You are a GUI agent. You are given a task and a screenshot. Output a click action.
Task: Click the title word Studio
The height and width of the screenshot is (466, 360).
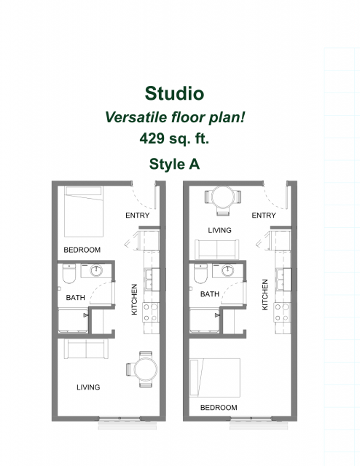pyautogui.click(x=174, y=93)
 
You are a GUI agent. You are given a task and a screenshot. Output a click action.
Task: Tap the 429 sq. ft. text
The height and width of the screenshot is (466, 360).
pyautogui.click(x=174, y=138)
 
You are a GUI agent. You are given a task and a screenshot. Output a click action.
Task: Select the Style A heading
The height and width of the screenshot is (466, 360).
pyautogui.click(x=174, y=164)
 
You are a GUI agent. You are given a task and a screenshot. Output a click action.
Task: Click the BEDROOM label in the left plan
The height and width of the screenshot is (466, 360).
pyautogui.click(x=82, y=250)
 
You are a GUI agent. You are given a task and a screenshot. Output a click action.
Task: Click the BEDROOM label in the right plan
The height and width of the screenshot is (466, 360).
pyautogui.click(x=219, y=408)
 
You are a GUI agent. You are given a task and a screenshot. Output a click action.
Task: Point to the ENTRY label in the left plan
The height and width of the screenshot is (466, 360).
pyautogui.click(x=138, y=216)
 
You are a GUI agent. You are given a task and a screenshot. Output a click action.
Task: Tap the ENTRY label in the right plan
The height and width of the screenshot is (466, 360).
pyautogui.click(x=264, y=216)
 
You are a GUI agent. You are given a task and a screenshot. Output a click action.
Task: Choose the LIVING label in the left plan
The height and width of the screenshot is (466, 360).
pyautogui.click(x=88, y=387)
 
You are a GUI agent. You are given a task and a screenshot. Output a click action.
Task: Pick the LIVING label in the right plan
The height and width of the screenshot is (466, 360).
pyautogui.click(x=219, y=230)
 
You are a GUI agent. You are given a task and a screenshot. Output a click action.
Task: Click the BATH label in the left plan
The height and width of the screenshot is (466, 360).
pyautogui.click(x=75, y=298)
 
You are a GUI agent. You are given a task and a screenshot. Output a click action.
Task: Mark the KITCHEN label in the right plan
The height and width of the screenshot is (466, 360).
pyautogui.click(x=265, y=295)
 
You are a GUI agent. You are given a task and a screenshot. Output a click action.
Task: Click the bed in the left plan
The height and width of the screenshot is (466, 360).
pyautogui.click(x=84, y=211)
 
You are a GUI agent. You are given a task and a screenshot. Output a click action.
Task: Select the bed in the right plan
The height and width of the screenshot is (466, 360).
pyautogui.click(x=215, y=377)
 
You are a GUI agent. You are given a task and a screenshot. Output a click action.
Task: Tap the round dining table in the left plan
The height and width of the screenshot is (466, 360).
pyautogui.click(x=146, y=369)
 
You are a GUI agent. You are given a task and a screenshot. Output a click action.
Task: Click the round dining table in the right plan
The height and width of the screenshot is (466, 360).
pyautogui.click(x=223, y=197)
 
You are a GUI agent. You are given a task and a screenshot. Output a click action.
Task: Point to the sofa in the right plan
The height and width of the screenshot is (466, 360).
pyautogui.click(x=217, y=249)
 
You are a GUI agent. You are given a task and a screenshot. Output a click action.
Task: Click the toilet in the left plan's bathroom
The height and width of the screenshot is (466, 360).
pyautogui.click(x=69, y=274)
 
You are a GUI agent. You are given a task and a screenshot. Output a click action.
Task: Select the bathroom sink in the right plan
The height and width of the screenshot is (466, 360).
pyautogui.click(x=227, y=270)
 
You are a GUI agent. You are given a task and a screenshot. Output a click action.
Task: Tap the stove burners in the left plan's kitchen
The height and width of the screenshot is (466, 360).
pyautogui.click(x=150, y=312)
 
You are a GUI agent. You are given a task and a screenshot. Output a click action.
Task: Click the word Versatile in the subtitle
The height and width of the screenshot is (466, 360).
pyautogui.click(x=136, y=117)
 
